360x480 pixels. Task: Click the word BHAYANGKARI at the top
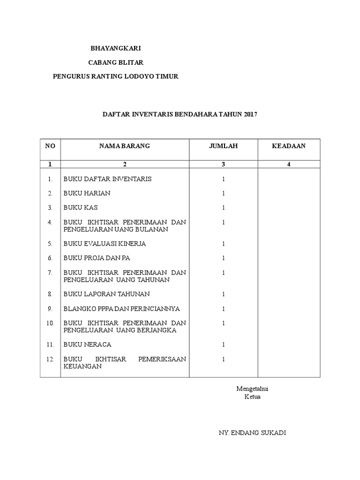tap(115, 48)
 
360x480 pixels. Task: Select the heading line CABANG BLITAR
tap(116, 62)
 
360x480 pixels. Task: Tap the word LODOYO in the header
tap(138, 76)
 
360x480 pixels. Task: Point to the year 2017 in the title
tap(251, 114)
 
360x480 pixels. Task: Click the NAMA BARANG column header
tap(124, 146)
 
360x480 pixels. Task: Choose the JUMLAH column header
tap(224, 146)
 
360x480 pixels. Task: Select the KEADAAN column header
tap(289, 146)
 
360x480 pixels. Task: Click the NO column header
tap(50, 146)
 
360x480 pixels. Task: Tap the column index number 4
tap(289, 164)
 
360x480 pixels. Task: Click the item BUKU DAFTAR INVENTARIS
tap(107, 179)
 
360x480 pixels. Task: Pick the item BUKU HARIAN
tap(87, 193)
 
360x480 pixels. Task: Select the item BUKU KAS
tap(81, 207)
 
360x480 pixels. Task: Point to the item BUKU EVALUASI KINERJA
tap(105, 244)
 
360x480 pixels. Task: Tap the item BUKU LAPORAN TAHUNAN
tap(106, 294)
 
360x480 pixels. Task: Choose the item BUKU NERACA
tap(87, 345)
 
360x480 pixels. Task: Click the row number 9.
tap(50, 308)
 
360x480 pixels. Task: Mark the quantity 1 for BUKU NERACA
tap(224, 345)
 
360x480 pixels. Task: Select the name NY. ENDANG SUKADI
tap(252, 433)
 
